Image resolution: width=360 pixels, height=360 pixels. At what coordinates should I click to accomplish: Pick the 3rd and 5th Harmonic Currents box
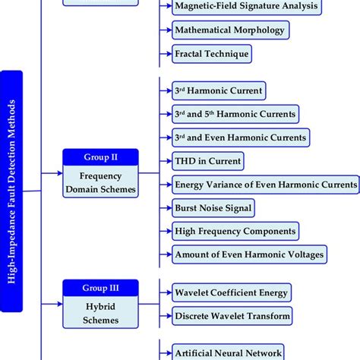pos(235,114)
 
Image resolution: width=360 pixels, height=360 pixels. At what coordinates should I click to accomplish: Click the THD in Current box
pos(208,160)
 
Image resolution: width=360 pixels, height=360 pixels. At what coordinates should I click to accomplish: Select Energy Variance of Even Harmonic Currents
pos(266,184)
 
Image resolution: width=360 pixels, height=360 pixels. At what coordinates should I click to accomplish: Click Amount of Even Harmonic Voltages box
pos(250,254)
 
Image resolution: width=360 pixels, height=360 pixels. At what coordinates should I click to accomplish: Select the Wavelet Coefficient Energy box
pos(232,292)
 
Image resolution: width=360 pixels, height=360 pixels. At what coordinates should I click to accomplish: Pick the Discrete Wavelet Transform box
pos(232,315)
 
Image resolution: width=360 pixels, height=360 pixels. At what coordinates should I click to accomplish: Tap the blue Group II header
pos(101,156)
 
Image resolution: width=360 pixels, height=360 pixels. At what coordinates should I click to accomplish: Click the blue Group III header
pos(101,287)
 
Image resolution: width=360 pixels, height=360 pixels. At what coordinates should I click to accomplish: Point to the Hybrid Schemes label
pos(101,311)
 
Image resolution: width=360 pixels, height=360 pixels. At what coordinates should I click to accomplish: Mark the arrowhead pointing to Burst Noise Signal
pos(167,207)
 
